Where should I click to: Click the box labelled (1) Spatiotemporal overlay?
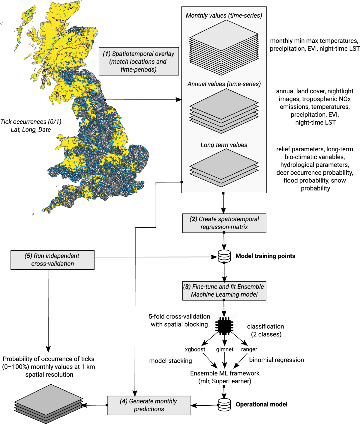(x=139, y=61)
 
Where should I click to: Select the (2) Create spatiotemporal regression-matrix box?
(x=224, y=223)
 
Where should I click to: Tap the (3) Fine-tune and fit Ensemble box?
(x=224, y=291)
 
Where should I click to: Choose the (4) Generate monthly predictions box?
(x=149, y=405)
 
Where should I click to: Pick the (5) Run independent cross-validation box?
(x=52, y=260)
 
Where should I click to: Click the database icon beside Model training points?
(x=224, y=256)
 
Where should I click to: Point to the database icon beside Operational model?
(x=224, y=405)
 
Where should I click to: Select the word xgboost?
(x=195, y=349)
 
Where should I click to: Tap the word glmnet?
(x=225, y=349)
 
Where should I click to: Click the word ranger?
(x=249, y=349)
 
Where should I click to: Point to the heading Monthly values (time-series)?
(x=224, y=16)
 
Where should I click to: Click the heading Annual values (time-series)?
(x=224, y=84)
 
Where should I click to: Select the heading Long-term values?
(x=224, y=145)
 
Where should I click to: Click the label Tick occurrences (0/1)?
(x=31, y=122)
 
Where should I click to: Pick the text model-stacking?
(x=170, y=361)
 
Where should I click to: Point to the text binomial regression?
(x=276, y=360)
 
